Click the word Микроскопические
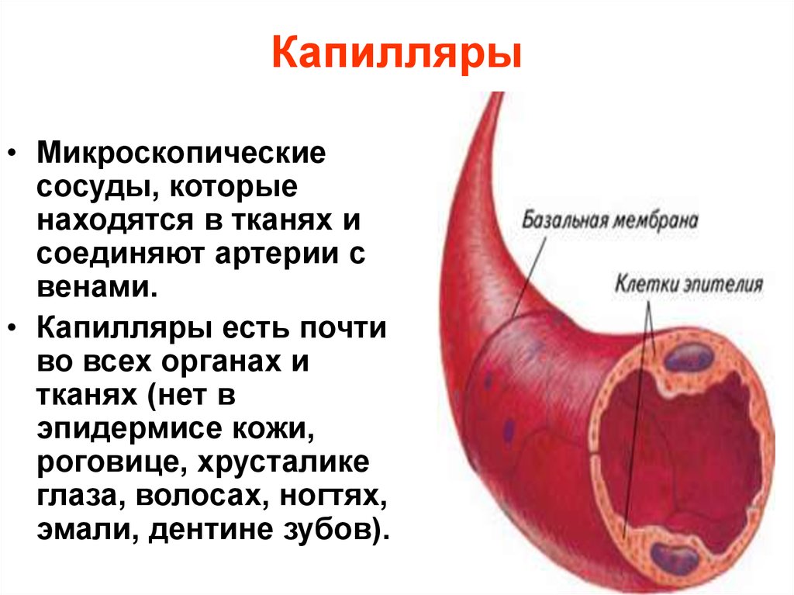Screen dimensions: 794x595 pyautogui.click(x=181, y=152)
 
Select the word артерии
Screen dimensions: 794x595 pyautogui.click(x=276, y=254)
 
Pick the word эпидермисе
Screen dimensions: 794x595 pyautogui.click(x=129, y=429)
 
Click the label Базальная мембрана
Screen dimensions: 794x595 pyautogui.click(x=609, y=220)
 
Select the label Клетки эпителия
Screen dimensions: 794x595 pyautogui.click(x=689, y=284)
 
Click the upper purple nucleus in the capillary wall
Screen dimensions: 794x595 pyautogui.click(x=689, y=358)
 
